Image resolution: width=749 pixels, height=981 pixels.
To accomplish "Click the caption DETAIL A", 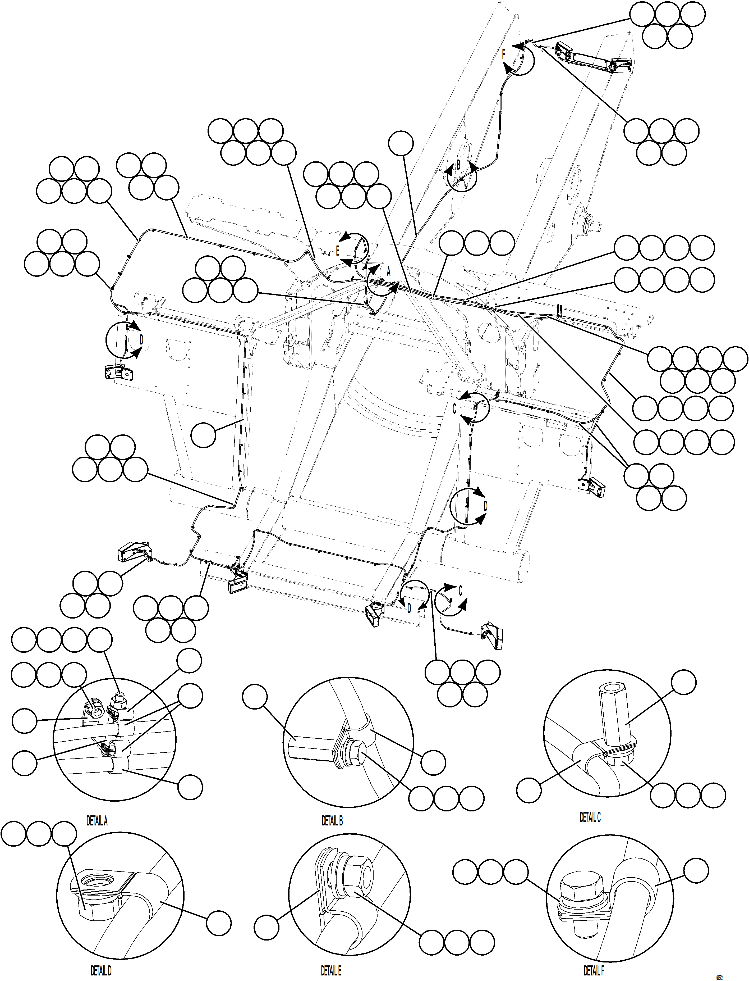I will tap(97, 821).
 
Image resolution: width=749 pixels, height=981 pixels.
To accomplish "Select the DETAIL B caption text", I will tap(332, 821).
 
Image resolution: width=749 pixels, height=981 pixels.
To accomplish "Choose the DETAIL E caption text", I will tap(331, 971).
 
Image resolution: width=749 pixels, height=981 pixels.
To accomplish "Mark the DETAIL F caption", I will tap(594, 970).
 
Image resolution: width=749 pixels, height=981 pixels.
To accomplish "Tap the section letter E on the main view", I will tap(338, 251).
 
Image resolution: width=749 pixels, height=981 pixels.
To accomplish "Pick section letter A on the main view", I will tap(388, 272).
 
